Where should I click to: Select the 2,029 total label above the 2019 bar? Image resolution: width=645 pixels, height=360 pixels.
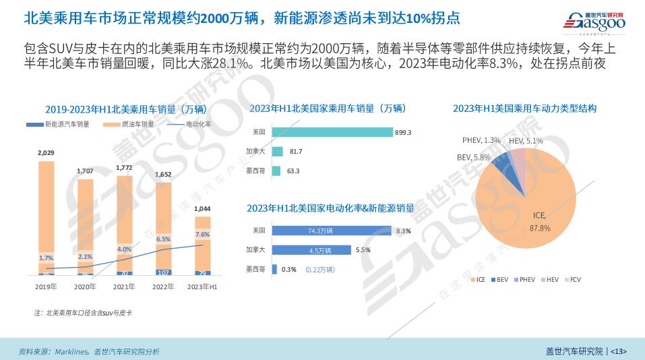47,154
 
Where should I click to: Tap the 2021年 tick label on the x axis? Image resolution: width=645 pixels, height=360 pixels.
124,286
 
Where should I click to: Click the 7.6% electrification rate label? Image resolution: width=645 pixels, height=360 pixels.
202,235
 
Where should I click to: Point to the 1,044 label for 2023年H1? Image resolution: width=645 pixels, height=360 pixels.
202,209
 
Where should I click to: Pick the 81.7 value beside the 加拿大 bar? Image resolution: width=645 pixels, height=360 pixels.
296,152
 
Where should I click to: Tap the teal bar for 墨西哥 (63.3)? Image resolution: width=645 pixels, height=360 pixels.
276,171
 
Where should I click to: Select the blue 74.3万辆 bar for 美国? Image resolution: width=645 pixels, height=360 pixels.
332,231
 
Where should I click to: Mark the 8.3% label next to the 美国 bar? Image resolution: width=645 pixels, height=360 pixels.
404,231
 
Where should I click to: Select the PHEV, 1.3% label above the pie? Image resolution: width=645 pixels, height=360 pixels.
481,140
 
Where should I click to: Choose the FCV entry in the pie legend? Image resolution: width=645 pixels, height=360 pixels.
575,279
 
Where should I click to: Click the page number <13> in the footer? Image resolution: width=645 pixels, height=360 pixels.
618,351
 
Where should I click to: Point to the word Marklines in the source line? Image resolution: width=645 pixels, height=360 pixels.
71,351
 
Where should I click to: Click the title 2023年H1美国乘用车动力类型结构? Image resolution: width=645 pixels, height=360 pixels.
524,108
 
